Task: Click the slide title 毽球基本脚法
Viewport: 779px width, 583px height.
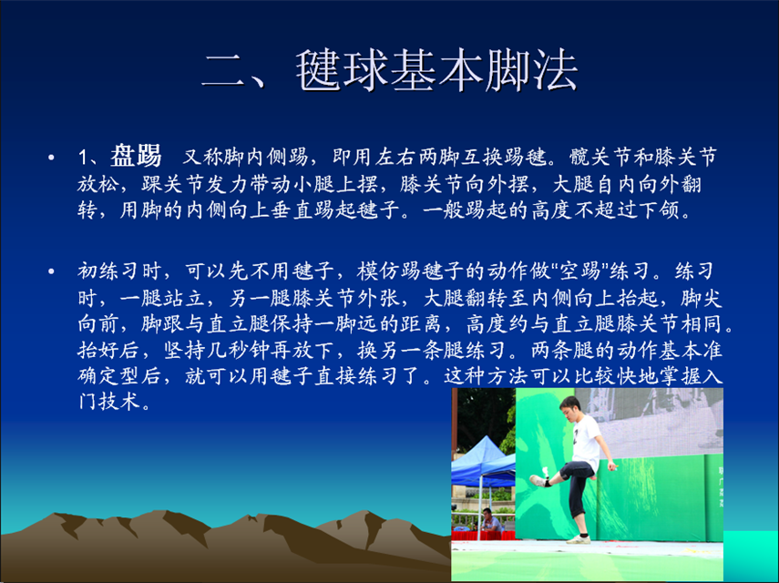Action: pyautogui.click(x=436, y=70)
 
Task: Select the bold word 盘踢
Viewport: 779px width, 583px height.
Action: pyautogui.click(x=136, y=156)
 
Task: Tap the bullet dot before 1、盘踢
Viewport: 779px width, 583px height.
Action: pyautogui.click(x=51, y=158)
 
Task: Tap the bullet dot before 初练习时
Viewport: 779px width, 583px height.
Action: pyautogui.click(x=51, y=271)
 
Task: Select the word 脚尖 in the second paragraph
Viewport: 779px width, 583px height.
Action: pyautogui.click(x=701, y=298)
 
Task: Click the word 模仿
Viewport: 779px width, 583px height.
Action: pyautogui.click(x=377, y=271)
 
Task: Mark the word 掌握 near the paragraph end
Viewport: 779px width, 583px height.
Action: pyautogui.click(x=679, y=376)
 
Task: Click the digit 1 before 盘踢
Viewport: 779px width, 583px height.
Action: pyautogui.click(x=83, y=158)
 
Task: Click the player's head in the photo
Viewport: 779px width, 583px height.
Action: pyautogui.click(x=569, y=408)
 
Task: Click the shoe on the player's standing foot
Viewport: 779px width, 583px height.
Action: pyautogui.click(x=579, y=538)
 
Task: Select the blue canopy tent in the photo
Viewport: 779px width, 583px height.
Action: pyautogui.click(x=481, y=462)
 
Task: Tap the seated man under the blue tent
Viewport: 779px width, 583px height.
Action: pyautogui.click(x=490, y=520)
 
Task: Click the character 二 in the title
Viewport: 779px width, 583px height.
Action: pyautogui.click(x=223, y=71)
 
